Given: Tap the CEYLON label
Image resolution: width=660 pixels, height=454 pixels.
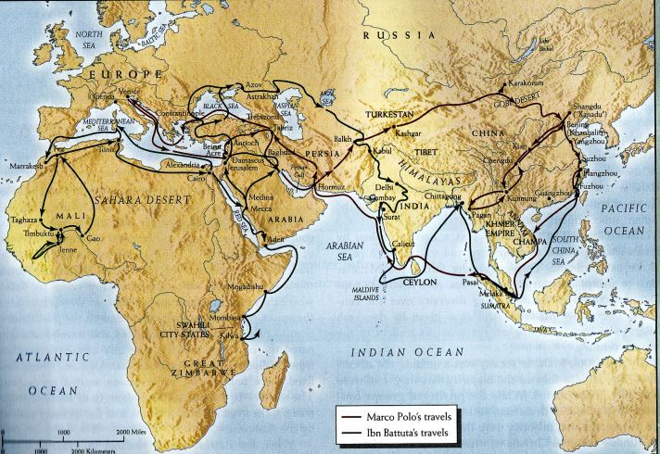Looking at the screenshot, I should coord(425,281).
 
